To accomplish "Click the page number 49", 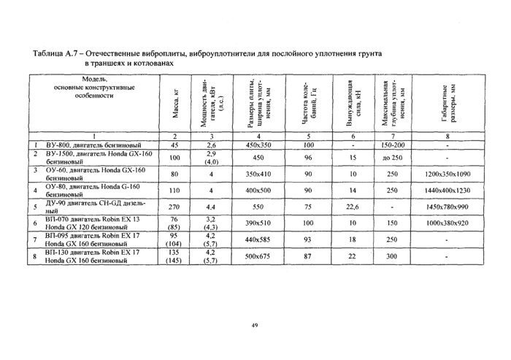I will [x=255, y=324].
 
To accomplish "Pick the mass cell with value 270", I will [x=174, y=207].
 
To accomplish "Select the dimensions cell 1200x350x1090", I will [x=448, y=175].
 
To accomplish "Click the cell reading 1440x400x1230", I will [x=448, y=191].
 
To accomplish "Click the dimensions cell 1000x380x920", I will [x=448, y=223].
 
